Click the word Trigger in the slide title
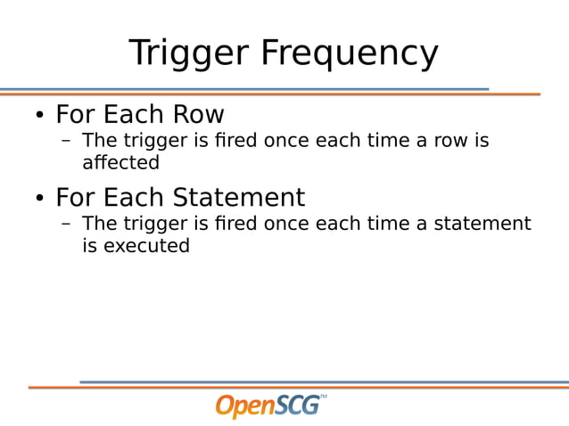click(x=189, y=53)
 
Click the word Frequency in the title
click(x=350, y=53)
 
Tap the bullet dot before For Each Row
click(x=39, y=117)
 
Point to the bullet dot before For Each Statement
click(x=39, y=199)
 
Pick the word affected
click(x=120, y=163)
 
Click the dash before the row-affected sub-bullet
click(x=66, y=142)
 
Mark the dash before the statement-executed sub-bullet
click(x=66, y=224)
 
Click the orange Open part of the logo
click(x=244, y=406)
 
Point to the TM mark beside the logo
click(x=323, y=396)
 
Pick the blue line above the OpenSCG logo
click(x=321, y=382)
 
